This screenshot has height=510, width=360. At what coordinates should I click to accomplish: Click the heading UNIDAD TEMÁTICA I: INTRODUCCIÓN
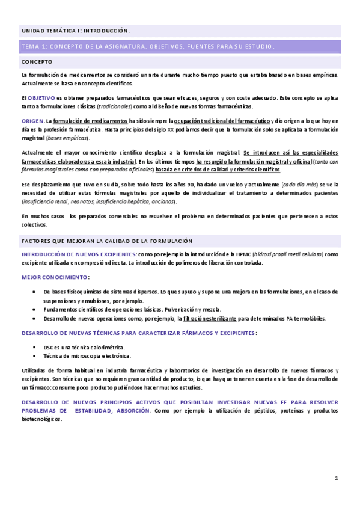(75, 30)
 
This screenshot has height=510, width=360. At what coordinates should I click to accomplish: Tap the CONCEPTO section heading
(37, 61)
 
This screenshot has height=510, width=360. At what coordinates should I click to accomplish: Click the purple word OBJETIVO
(41, 97)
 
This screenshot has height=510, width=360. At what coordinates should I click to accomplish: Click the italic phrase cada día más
(297, 184)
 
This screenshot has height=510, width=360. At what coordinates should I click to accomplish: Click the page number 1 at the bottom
(337, 478)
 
